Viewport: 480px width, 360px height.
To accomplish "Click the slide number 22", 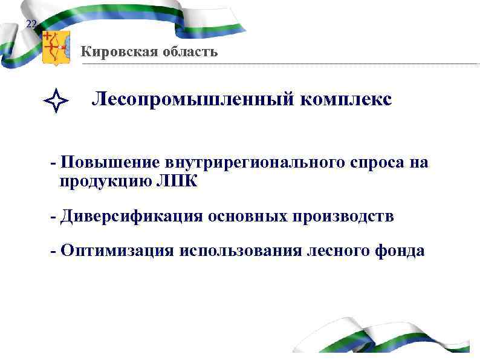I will [x=31, y=24].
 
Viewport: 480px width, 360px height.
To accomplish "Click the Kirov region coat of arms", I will [x=56, y=47].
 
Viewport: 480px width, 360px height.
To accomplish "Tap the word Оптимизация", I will [x=114, y=251].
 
